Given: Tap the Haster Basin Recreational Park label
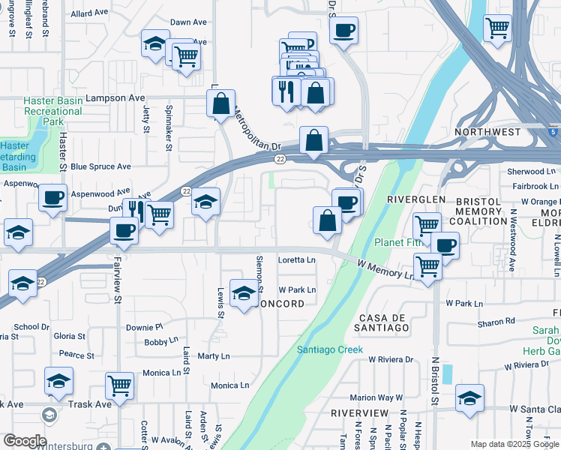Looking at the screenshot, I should point(52,111).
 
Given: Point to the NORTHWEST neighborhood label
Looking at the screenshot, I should point(487,132).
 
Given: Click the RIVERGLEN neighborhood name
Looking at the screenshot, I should point(416,200).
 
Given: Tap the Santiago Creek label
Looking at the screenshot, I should point(329,349).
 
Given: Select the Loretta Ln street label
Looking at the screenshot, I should point(297,260).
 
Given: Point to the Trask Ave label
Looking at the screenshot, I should point(91,404).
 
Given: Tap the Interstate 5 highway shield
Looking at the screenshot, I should point(553,133).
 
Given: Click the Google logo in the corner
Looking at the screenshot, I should point(25,440).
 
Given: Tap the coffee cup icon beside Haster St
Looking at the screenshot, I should point(52,198).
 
